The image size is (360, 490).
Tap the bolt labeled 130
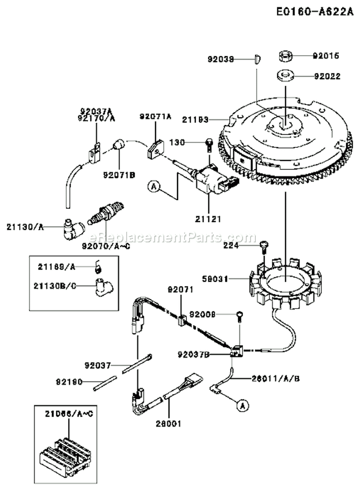[209, 143]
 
